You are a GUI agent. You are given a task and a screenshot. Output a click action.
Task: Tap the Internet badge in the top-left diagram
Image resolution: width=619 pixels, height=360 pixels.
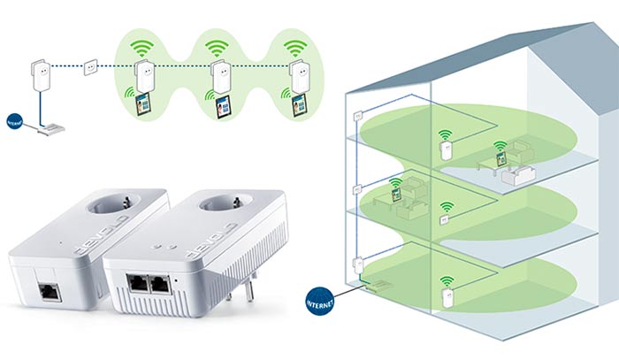pyautogui.click(x=14, y=121)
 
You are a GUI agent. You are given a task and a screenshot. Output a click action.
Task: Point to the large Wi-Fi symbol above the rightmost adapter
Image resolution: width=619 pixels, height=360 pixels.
pyautogui.click(x=294, y=46)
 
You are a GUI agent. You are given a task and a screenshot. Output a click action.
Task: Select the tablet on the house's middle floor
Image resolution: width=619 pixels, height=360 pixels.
pyautogui.click(x=395, y=188)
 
